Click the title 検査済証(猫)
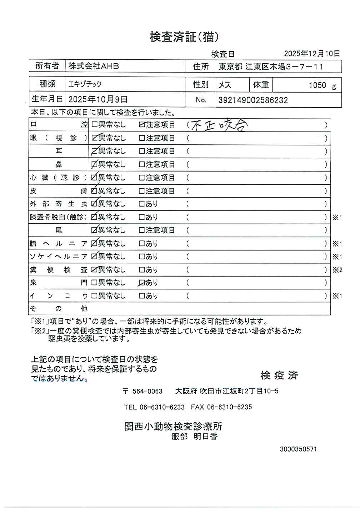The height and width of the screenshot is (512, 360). click(184, 37)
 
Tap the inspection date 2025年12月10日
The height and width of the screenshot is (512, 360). click(312, 54)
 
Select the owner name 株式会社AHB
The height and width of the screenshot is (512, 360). click(94, 66)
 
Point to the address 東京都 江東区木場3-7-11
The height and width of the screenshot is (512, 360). click(271, 66)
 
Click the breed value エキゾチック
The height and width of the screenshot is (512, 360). click(85, 84)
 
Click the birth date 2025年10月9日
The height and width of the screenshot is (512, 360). click(97, 99)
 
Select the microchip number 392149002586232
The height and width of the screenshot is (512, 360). click(253, 100)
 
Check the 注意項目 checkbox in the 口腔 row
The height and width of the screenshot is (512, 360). click(142, 125)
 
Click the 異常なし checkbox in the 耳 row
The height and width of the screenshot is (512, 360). click(94, 151)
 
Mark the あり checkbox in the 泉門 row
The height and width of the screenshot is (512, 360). click(142, 283)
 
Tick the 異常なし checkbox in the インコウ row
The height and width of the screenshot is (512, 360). click(94, 296)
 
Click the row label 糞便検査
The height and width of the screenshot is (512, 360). click(58, 270)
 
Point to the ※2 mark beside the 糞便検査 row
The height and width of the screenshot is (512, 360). click(337, 270)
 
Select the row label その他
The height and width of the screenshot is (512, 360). click(58, 309)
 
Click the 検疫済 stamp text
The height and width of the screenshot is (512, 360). click(279, 375)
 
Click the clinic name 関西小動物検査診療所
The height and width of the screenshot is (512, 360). click(173, 426)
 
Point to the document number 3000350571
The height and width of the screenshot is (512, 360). click(298, 449)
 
